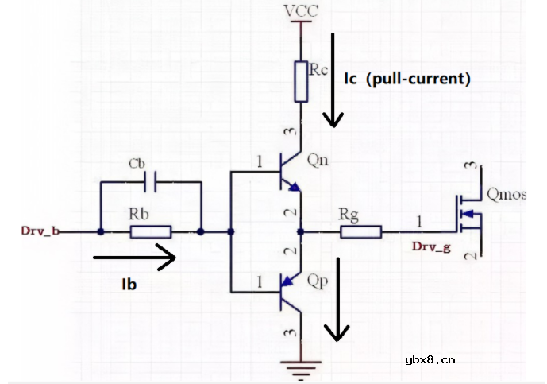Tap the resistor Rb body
(x=151, y=232)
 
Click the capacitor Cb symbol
(x=151, y=182)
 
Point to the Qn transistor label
(x=318, y=161)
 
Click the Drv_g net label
(x=431, y=247)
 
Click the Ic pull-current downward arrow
(x=333, y=80)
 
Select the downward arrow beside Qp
(x=339, y=299)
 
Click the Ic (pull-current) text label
(x=407, y=79)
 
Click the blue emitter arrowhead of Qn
(x=295, y=188)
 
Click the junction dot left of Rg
(x=300, y=232)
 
